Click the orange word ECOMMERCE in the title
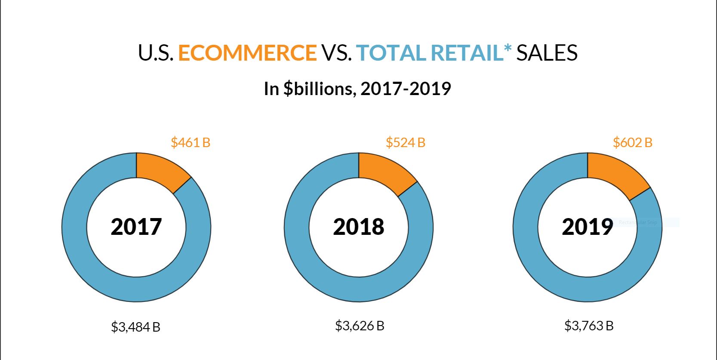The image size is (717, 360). tap(247, 53)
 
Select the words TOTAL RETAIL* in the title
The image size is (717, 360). tap(434, 53)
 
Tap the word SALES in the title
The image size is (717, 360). tap(547, 53)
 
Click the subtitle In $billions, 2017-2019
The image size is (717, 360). tap(357, 89)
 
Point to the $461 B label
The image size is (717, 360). tap(191, 142)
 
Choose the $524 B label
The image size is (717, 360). tap(405, 142)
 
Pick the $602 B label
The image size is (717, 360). tap(632, 142)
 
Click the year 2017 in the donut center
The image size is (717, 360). tap(136, 227)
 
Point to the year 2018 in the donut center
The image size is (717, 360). tap(358, 227)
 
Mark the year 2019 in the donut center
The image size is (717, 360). tap(587, 227)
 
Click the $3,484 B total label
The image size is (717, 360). tap(135, 327)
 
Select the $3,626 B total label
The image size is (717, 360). tap(360, 326)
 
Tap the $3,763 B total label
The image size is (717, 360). tap(589, 326)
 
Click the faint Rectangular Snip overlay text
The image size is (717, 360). tap(638, 222)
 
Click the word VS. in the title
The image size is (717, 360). tap(336, 53)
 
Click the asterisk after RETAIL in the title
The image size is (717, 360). tap(508, 48)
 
